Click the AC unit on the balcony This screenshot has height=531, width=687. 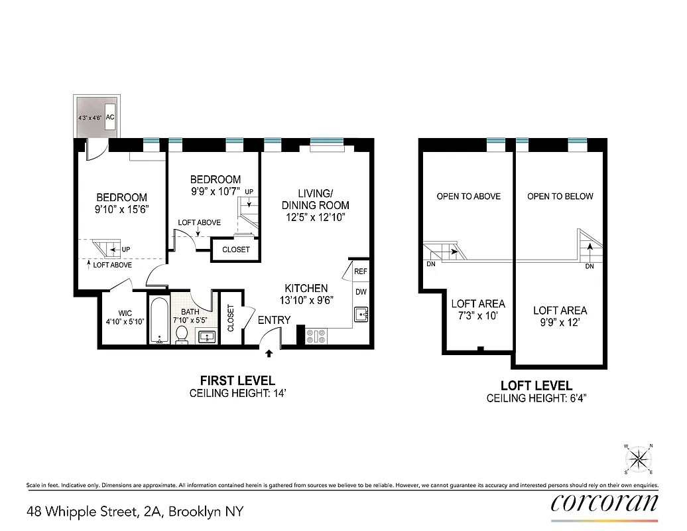pos(111,117)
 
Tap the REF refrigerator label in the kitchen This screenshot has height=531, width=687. pos(360,271)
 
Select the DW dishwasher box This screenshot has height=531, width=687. pos(360,292)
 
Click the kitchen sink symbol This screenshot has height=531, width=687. pos(360,314)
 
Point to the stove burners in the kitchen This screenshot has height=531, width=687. pos(316,337)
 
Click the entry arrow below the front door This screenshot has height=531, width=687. pos(269,354)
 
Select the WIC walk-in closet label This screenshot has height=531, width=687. pos(125,313)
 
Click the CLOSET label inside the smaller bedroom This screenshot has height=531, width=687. pos(236,250)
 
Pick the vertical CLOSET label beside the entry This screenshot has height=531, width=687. pos(231,318)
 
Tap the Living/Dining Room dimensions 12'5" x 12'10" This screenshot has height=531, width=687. pos(315,217)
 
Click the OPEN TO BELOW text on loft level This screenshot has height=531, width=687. pos(560,196)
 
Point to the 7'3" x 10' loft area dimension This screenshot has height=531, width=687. pos(478,316)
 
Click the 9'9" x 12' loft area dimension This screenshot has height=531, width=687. pos(560,323)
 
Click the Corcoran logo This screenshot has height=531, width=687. pos(605,502)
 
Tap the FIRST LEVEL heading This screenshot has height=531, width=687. pos(237,380)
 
